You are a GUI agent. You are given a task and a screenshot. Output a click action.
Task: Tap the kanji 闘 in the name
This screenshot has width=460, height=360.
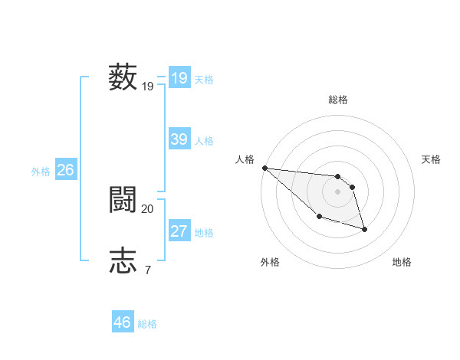[123, 200]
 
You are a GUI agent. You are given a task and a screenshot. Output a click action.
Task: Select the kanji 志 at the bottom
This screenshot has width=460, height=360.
[123, 260]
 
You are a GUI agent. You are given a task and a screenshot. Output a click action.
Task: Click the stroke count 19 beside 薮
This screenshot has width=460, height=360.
[148, 87]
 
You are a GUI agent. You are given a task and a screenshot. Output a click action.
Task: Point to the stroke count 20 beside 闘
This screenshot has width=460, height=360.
[148, 208]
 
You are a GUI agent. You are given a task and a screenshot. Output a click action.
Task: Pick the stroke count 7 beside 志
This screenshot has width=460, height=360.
[147, 270]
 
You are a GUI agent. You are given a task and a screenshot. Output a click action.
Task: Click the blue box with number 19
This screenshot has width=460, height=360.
[179, 78]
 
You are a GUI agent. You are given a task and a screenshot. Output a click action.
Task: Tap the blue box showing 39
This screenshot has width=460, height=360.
[179, 139]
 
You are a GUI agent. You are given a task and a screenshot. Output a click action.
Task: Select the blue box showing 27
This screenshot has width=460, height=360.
[179, 231]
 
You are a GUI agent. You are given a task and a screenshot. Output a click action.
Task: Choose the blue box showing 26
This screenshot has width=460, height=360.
[66, 170]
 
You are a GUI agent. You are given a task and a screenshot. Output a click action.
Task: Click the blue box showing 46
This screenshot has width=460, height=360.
[123, 322]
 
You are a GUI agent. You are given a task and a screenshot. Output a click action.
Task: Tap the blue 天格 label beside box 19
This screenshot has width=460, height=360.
[204, 80]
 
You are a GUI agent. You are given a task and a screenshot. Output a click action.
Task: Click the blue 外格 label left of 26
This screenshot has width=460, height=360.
[41, 172]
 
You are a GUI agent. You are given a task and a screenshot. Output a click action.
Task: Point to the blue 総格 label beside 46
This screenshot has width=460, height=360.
[147, 324]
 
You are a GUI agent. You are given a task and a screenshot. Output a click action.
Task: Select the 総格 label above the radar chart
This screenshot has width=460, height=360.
[338, 100]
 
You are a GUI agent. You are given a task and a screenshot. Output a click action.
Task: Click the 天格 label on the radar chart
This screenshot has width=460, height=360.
[432, 159]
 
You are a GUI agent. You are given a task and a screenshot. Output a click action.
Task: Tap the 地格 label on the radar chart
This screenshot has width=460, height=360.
[402, 262]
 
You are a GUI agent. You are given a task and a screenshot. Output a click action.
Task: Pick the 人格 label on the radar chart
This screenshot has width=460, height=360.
[245, 159]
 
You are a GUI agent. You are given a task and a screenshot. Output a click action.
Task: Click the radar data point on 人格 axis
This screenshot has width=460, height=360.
[264, 168]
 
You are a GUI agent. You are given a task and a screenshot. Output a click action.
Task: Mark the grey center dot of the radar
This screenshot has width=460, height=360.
[338, 191]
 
